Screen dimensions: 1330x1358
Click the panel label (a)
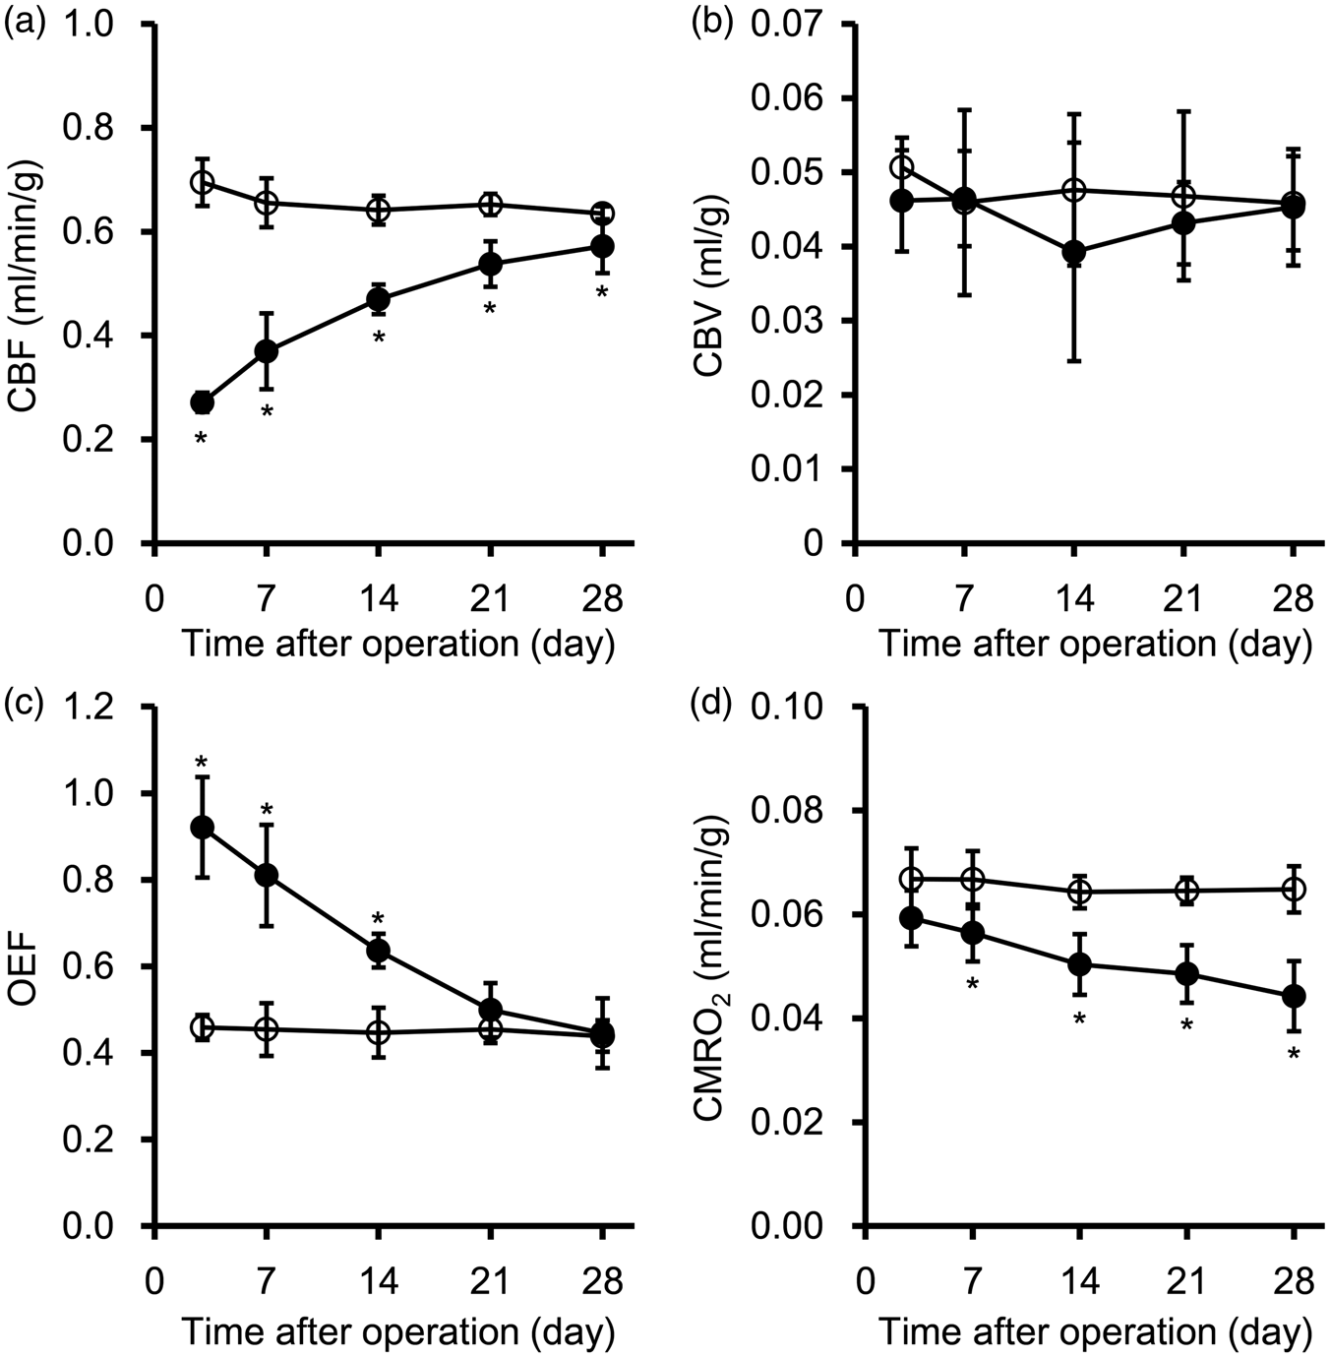[26, 26]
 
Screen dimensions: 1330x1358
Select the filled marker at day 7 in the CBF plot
[266, 351]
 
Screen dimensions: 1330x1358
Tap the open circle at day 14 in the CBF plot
[379, 210]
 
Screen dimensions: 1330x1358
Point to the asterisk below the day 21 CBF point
[489, 310]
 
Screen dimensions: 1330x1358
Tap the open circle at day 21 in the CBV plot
[1184, 195]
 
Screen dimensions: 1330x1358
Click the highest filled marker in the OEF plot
[203, 828]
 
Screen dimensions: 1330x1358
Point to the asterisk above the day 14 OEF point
[378, 920]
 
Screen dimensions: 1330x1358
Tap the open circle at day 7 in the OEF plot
[266, 1028]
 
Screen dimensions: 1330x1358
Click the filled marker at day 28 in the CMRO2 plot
[1294, 996]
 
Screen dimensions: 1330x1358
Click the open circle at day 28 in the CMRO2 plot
[1294, 889]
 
